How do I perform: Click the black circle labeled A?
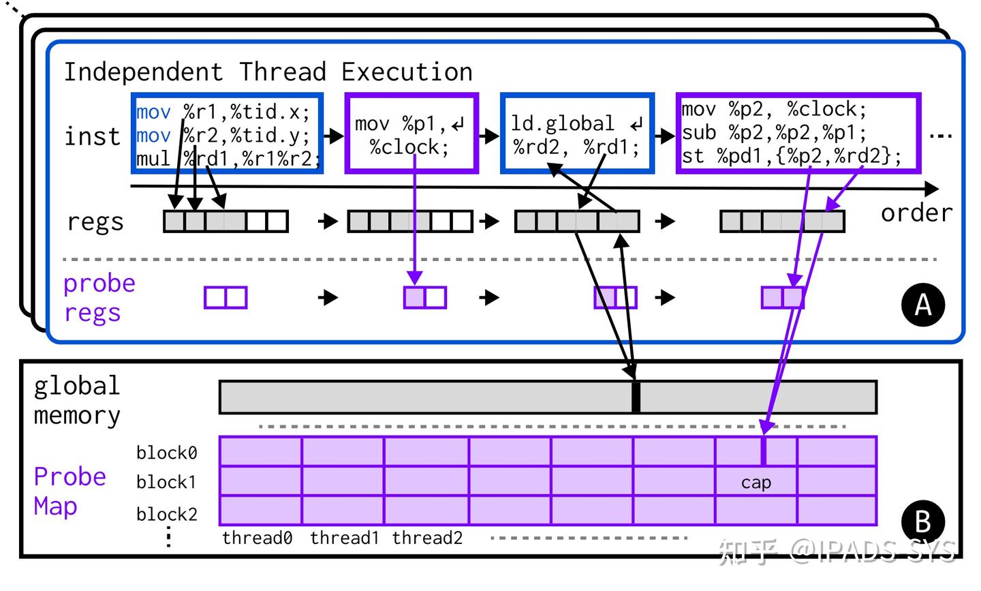(x=922, y=305)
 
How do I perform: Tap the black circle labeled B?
(x=922, y=521)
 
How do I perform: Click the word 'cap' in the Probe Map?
(x=756, y=483)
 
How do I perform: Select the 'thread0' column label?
(x=257, y=538)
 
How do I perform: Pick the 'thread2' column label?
(x=427, y=538)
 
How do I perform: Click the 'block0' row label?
(x=166, y=453)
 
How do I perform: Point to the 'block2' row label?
(x=166, y=514)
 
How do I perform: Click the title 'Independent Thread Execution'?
(x=268, y=72)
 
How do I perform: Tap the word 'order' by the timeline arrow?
(x=917, y=213)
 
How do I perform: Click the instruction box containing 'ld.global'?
(x=577, y=133)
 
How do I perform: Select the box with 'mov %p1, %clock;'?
(x=411, y=133)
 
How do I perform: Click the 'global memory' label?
(x=77, y=400)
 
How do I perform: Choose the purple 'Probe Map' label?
(x=70, y=491)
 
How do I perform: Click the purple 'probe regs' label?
(x=99, y=298)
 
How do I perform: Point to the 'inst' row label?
(x=92, y=136)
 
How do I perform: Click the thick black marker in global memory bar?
(x=636, y=397)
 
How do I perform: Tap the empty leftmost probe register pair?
(x=225, y=297)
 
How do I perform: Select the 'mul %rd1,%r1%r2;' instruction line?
(x=228, y=159)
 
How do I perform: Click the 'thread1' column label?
(x=344, y=538)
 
